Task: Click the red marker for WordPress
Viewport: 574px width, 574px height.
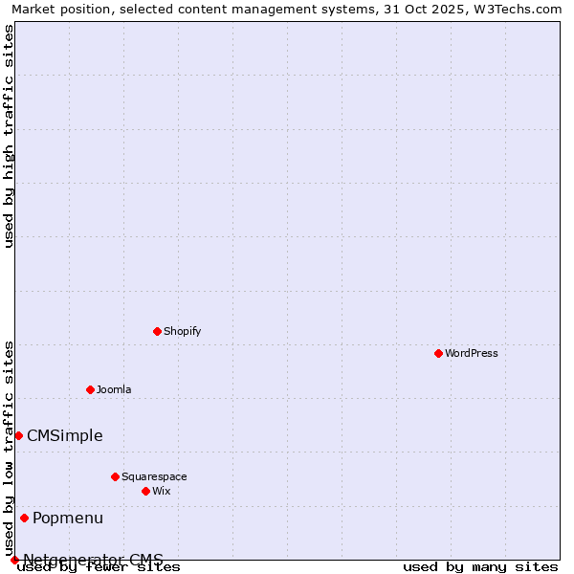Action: (x=438, y=353)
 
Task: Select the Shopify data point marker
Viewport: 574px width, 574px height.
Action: (x=157, y=331)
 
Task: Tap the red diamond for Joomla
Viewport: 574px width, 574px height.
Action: (x=90, y=389)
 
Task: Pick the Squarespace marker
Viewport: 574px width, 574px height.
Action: (x=115, y=476)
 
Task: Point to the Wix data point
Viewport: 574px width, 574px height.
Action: (x=145, y=491)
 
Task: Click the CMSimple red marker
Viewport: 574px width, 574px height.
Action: (x=18, y=435)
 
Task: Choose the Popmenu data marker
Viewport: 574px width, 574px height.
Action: (x=24, y=518)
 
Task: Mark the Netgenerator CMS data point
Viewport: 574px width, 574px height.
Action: (x=14, y=560)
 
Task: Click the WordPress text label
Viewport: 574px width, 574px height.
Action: (x=472, y=353)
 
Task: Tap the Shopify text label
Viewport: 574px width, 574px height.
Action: (x=183, y=331)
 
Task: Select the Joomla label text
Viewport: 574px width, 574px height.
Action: (x=114, y=389)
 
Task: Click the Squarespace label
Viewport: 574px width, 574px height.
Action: (x=154, y=476)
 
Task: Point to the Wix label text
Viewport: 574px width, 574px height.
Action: (x=162, y=491)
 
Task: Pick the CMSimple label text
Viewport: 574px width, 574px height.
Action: (x=65, y=435)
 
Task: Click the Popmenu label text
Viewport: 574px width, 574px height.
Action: (x=68, y=518)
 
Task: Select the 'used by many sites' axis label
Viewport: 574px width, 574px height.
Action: (x=480, y=566)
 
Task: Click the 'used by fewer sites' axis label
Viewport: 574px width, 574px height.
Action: (x=99, y=566)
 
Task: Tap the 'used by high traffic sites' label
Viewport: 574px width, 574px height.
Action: (x=9, y=137)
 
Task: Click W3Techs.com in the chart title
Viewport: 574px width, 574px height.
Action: (x=518, y=9)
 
